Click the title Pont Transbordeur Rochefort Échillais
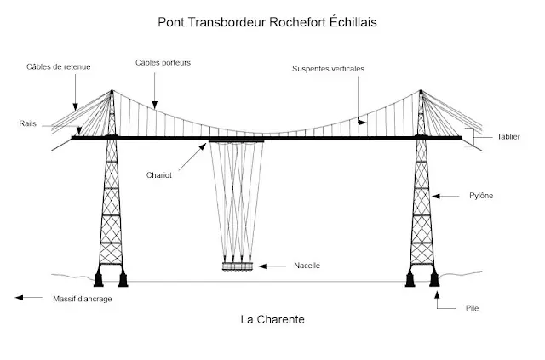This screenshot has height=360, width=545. pyautogui.click(x=267, y=21)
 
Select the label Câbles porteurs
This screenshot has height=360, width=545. pyautogui.click(x=162, y=62)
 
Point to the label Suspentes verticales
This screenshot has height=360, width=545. pyautogui.click(x=329, y=69)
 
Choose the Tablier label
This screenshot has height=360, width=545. pyautogui.click(x=508, y=136)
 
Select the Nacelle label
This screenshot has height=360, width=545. pyautogui.click(x=307, y=266)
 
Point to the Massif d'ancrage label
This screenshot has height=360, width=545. pyautogui.click(x=82, y=299)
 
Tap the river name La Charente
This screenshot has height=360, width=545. pyautogui.click(x=272, y=321)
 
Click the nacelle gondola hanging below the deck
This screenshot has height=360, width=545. pyautogui.click(x=238, y=266)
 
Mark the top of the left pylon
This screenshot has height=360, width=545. pyautogui.click(x=111, y=90)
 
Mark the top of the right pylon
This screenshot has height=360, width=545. pyautogui.click(x=422, y=90)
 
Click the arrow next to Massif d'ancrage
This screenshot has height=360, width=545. pyautogui.click(x=29, y=298)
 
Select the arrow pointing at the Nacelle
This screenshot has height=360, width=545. pyautogui.click(x=272, y=266)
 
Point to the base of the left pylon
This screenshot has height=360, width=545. pyautogui.click(x=112, y=276)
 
